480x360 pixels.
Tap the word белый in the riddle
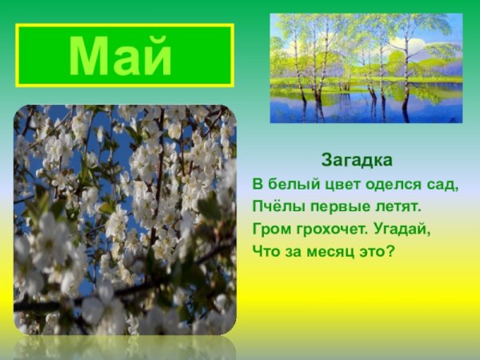pyautogui.click(x=290, y=185)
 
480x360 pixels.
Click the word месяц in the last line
pyautogui.click(x=326, y=251)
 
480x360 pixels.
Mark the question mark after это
pyautogui.click(x=391, y=251)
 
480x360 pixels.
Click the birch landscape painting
pyautogui.click(x=366, y=68)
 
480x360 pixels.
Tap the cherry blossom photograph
pyautogui.click(x=125, y=220)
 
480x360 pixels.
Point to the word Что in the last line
pyautogui.click(x=265, y=251)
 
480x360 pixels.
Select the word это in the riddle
pyautogui.click(x=370, y=251)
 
